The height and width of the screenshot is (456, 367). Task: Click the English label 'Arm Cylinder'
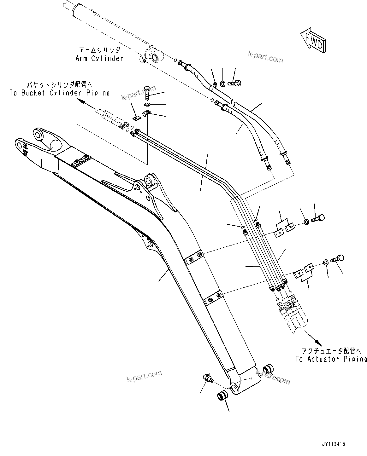pyautogui.click(x=99, y=59)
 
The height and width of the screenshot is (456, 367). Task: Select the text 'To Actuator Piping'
pyautogui.click(x=331, y=359)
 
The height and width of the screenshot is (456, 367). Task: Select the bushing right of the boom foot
pyautogui.click(x=268, y=368)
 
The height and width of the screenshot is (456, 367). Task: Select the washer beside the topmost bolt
pyautogui.click(x=223, y=84)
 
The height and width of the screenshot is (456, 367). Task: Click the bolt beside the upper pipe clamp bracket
pyautogui.click(x=318, y=218)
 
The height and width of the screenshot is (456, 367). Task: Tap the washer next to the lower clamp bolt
pyautogui.click(x=325, y=262)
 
